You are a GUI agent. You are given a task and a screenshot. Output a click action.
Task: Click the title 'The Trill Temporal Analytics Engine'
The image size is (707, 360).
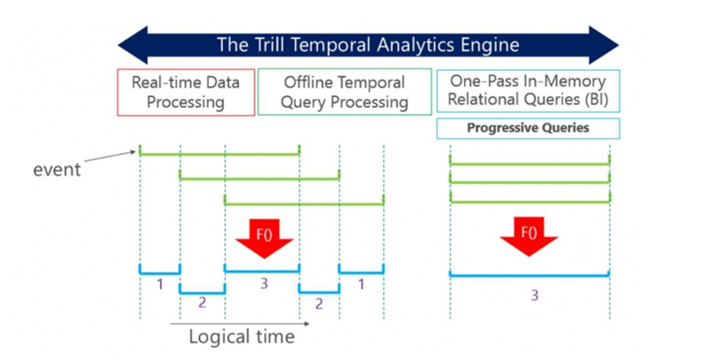click(368, 44)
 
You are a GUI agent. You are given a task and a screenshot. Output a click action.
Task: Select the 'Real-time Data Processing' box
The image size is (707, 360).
click(186, 92)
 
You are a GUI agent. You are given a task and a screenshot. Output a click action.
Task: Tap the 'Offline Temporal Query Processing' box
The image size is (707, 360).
click(345, 92)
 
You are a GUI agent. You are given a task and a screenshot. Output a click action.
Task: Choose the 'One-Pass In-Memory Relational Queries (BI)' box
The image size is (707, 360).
click(527, 91)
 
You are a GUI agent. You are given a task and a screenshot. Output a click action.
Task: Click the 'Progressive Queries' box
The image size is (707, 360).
click(528, 128)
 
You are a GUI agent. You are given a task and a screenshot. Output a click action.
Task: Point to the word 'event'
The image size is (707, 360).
click(56, 169)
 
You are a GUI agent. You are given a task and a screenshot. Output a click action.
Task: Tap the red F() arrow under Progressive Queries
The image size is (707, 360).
click(527, 237)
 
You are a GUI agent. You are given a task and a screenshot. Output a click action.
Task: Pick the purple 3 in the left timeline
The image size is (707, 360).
click(264, 284)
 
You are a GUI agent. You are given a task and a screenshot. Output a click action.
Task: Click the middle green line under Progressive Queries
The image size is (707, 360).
click(529, 182)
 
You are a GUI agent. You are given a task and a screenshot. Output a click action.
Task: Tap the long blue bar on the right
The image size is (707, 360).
click(529, 275)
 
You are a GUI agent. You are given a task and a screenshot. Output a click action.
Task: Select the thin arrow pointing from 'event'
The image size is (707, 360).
click(111, 159)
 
